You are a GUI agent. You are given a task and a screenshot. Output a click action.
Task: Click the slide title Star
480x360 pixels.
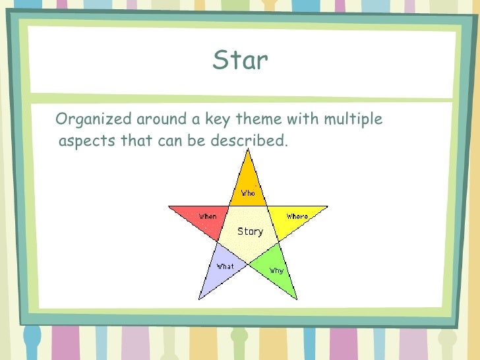point(240,61)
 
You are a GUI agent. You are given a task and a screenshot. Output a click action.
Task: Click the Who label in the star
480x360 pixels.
point(248,193)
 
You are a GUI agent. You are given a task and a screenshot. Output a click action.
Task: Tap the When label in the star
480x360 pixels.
point(208,216)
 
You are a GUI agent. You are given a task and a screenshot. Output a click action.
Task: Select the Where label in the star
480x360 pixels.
point(297,216)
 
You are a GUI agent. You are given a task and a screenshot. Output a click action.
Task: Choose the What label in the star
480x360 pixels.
point(225,266)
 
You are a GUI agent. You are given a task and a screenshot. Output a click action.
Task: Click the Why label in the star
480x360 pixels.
point(276,270)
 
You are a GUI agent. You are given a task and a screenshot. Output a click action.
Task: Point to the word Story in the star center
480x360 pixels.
point(250,231)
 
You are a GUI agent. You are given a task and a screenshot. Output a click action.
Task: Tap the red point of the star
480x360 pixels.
point(195,215)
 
